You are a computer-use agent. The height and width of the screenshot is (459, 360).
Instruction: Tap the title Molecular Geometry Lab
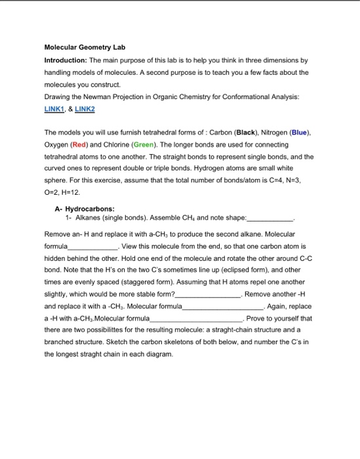pos(84,48)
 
